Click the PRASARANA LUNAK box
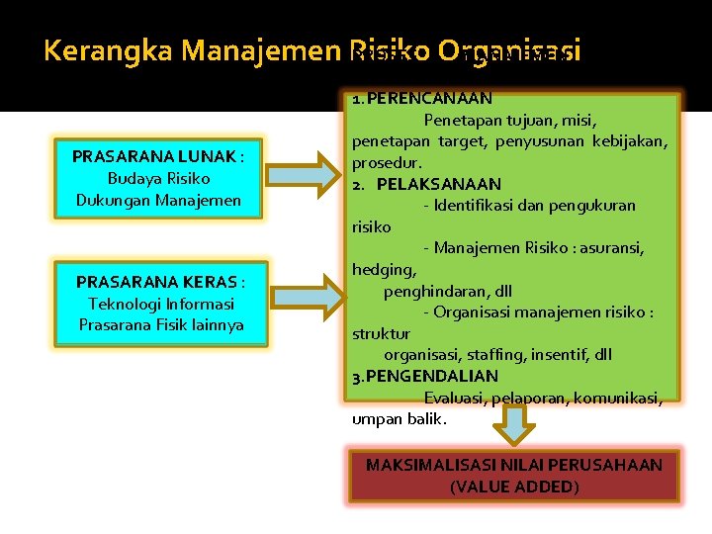[x=159, y=178]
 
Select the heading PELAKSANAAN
[x=438, y=184]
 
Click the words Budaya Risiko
[x=159, y=178]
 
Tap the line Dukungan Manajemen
[x=159, y=200]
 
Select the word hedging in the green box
[x=384, y=269]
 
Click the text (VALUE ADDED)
[x=513, y=487]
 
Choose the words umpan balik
[x=399, y=418]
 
